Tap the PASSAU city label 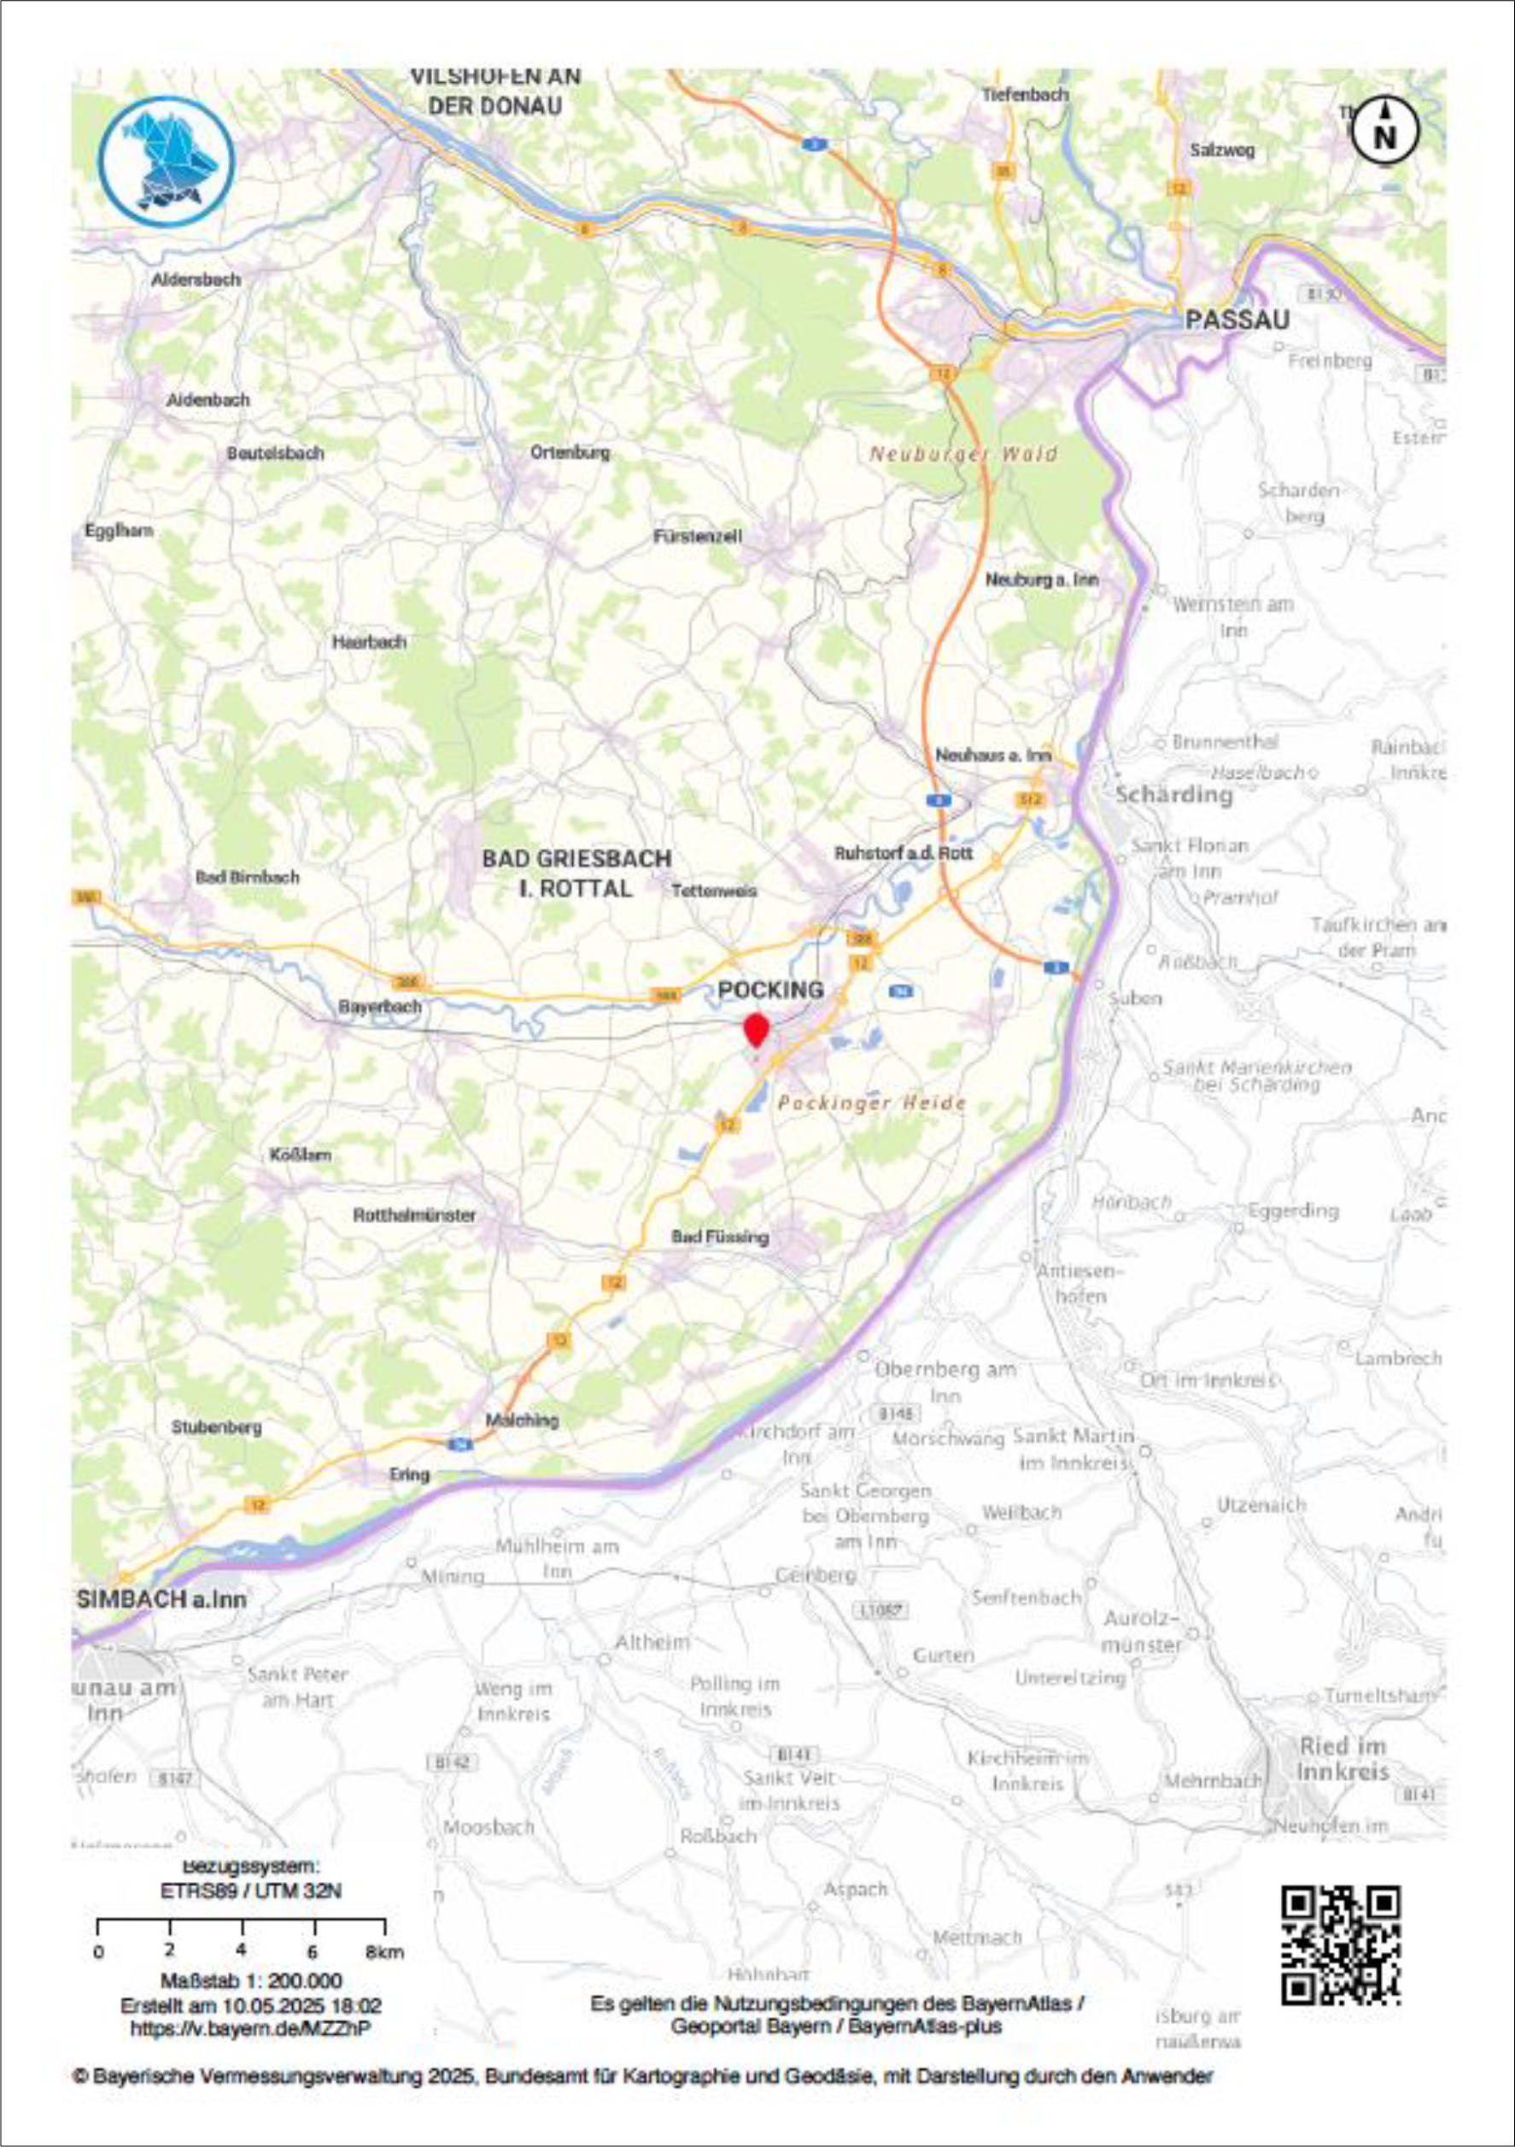pos(1237,320)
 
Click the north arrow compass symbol pos(1384,131)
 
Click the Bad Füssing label pos(720,1236)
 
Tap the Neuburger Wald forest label pos(963,455)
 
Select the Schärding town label pos(1174,795)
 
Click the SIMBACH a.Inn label pos(161,1599)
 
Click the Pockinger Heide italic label pos(871,1103)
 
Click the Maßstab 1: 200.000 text pos(250,1980)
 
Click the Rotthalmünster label pos(414,1215)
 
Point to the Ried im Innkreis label pos(1343,1758)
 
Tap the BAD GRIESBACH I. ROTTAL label pos(576,873)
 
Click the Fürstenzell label pos(697,537)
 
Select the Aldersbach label pos(196,279)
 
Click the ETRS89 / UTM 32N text pos(251,1891)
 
